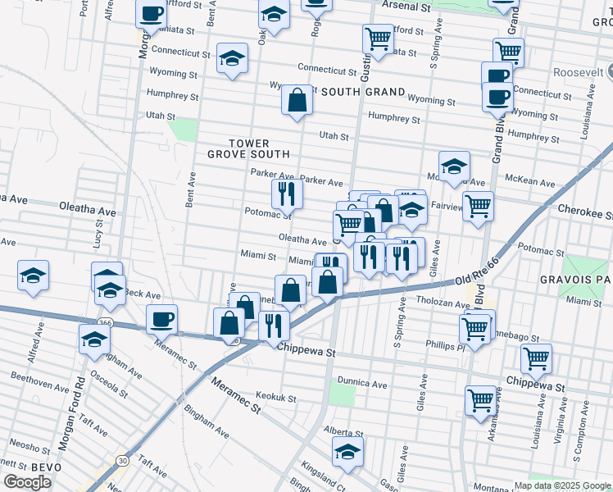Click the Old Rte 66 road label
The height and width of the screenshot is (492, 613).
coord(488,270)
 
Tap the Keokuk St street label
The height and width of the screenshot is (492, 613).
coord(275,397)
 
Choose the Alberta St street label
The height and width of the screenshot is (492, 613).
coord(343,432)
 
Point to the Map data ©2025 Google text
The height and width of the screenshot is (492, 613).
coord(562,485)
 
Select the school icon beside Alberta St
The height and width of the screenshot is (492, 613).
coord(347,450)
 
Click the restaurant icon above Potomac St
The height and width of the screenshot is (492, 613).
coord(287,193)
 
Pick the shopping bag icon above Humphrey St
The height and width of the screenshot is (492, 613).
coord(297,100)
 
